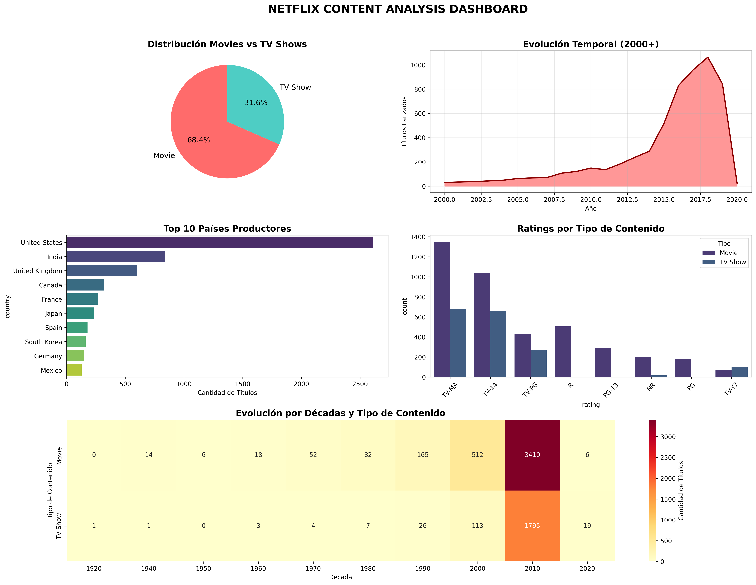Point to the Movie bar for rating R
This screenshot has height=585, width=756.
(563, 352)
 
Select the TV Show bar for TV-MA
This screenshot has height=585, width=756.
(458, 343)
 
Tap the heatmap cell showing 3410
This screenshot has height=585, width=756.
(532, 455)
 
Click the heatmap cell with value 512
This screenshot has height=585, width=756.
(477, 455)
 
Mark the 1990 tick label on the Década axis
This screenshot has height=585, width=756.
(423, 568)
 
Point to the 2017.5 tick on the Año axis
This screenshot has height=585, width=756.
(700, 200)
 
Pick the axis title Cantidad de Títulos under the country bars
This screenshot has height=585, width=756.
(227, 393)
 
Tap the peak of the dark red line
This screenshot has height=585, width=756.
(708, 57)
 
